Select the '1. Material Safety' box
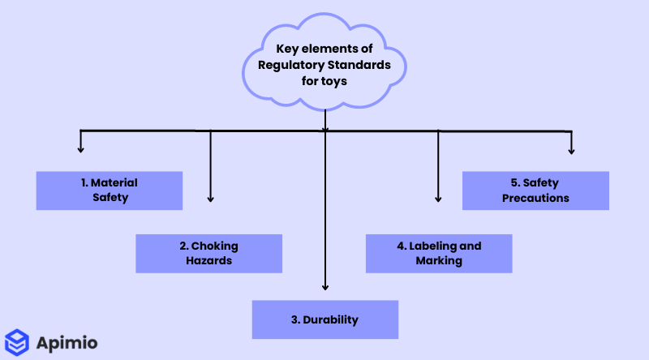pos(110,191)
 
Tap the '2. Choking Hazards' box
pos(208,253)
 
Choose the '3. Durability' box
pos(324,319)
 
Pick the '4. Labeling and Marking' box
pos(439,253)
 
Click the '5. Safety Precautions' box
pos(535,191)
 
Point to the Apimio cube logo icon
pos(16,341)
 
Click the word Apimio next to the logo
pos(67,342)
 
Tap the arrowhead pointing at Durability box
pos(324,286)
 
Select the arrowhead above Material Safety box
pos(80,149)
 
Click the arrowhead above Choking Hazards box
pos(210,198)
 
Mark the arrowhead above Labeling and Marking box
pos(439,198)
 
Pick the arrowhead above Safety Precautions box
pos(571,150)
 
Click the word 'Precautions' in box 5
pos(535,198)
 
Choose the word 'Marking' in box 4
pos(439,260)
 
